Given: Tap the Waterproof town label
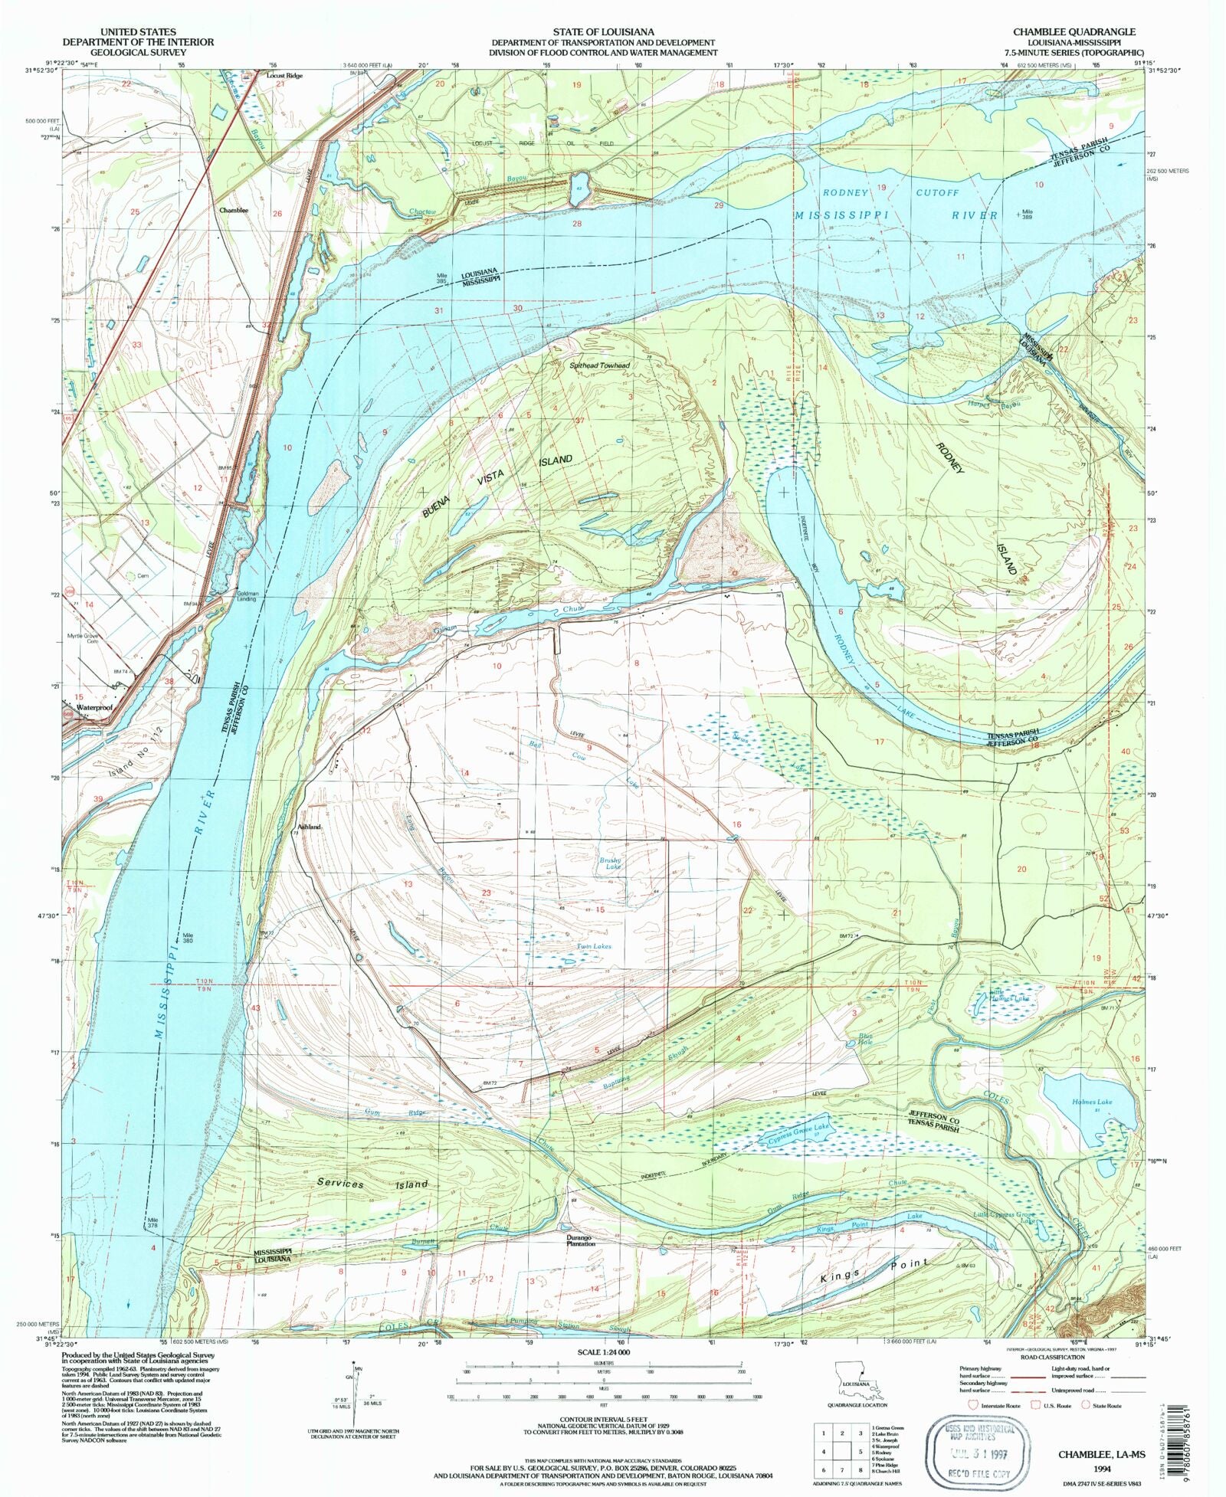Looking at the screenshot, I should pyautogui.click(x=94, y=709).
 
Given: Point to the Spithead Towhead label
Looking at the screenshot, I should pyautogui.click(x=599, y=366).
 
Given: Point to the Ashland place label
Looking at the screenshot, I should pyautogui.click(x=309, y=827).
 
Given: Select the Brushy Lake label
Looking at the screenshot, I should pyautogui.click(x=611, y=863).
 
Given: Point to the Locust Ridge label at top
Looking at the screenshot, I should pyautogui.click(x=284, y=76).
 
